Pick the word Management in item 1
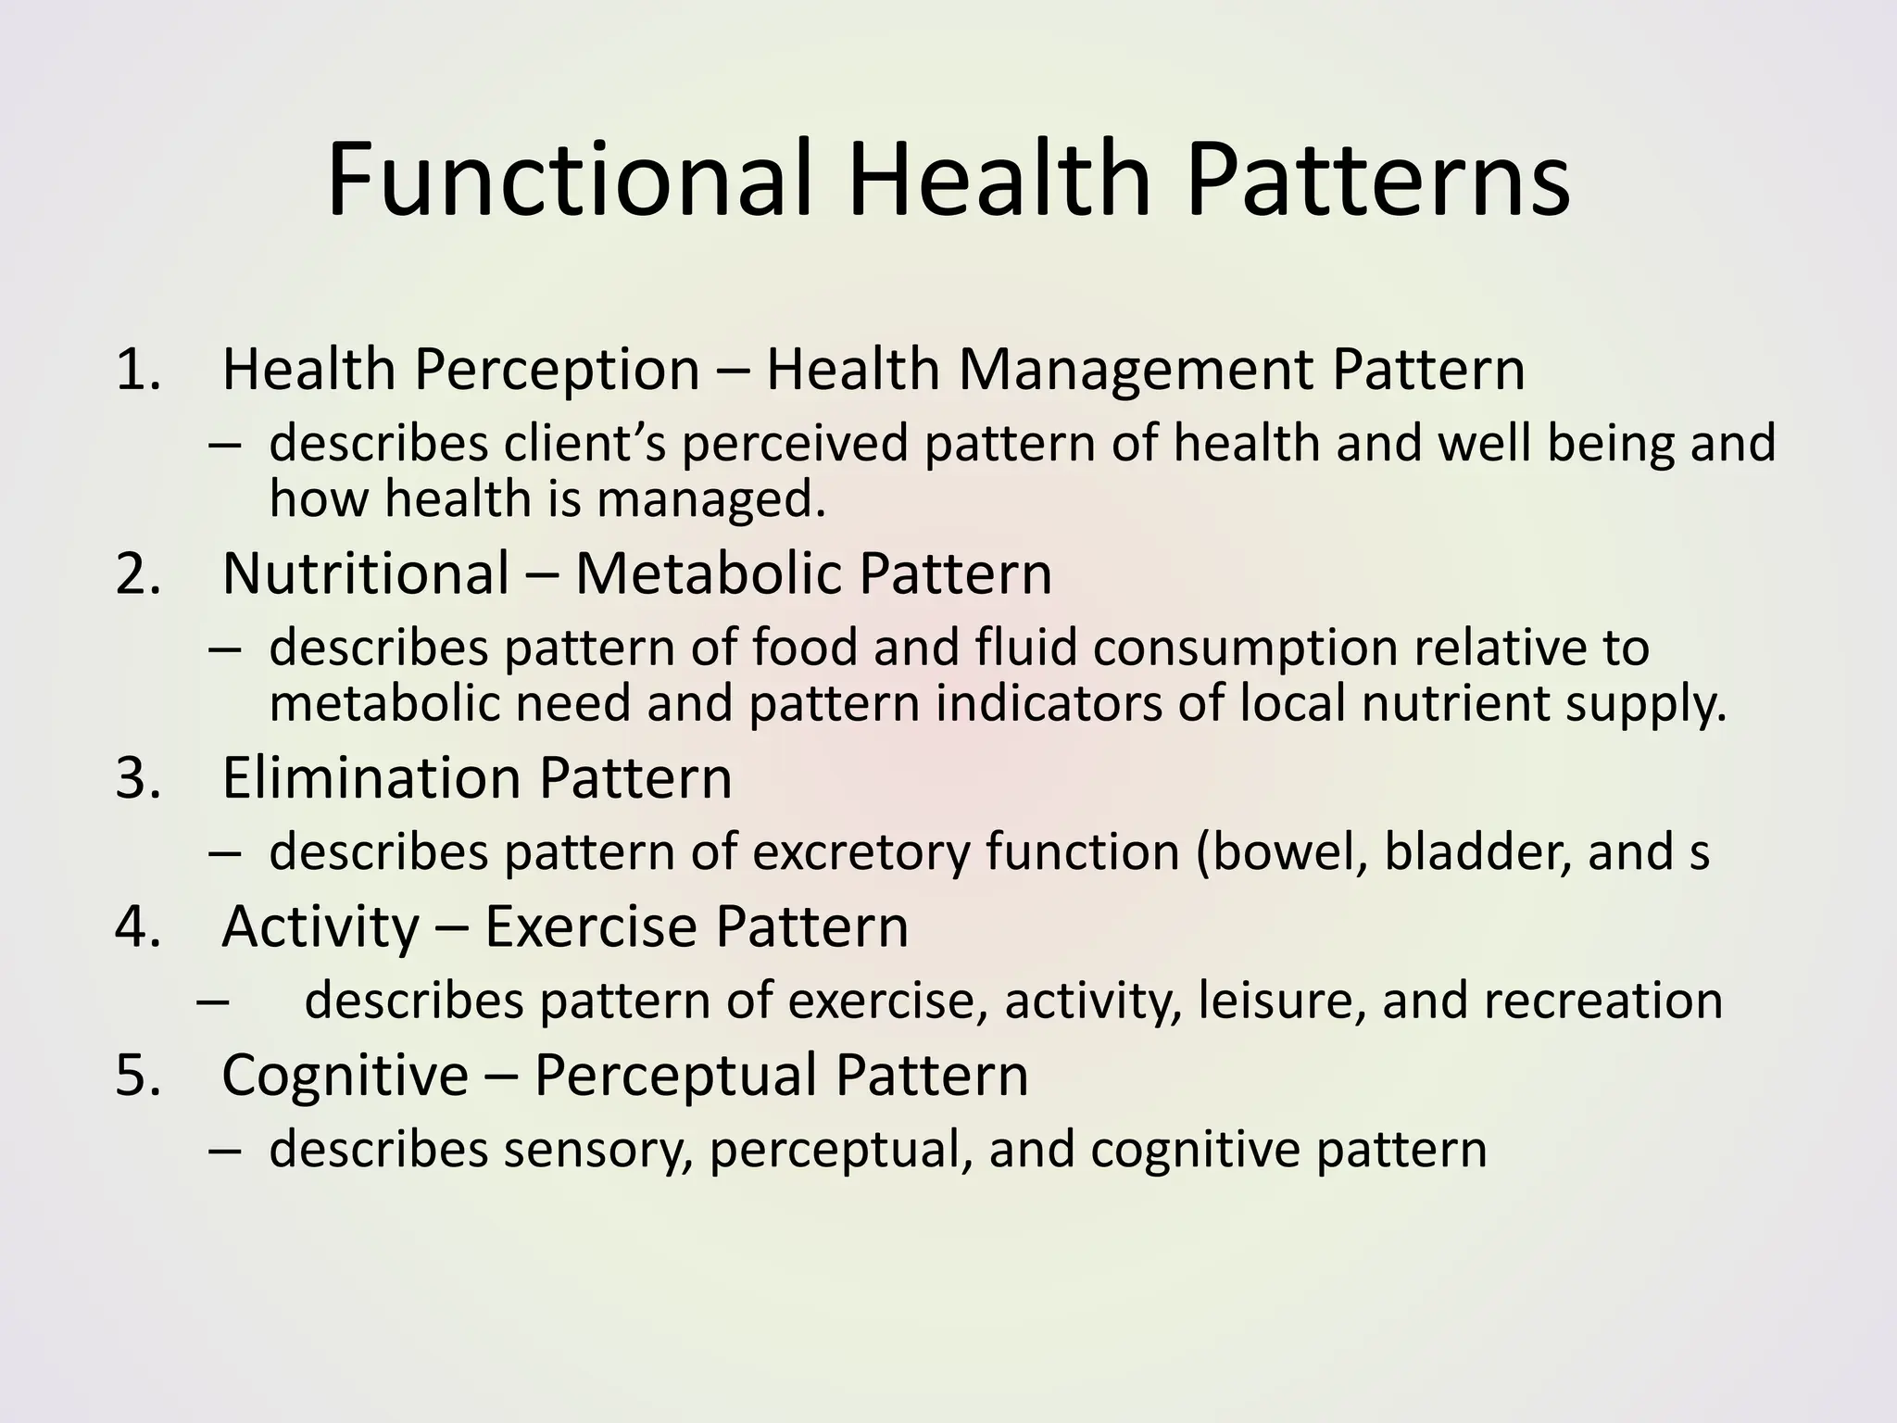(1136, 371)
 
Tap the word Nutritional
(366, 573)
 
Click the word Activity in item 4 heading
(320, 927)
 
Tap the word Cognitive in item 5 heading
(345, 1076)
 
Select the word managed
(710, 500)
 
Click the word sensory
(597, 1151)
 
